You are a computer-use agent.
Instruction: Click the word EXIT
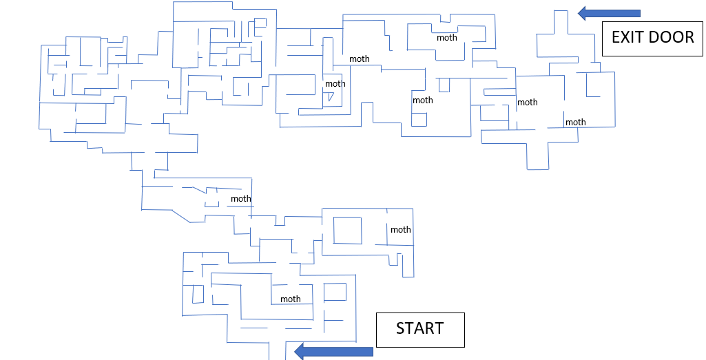click(627, 37)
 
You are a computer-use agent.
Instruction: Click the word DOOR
click(672, 37)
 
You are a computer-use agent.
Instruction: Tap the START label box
click(420, 330)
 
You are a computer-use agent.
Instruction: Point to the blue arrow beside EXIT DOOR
click(609, 14)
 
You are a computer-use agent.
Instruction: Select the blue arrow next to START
click(333, 352)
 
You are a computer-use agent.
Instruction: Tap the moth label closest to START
click(291, 299)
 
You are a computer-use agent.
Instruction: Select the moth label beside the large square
click(401, 229)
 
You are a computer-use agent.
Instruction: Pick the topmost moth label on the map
click(446, 38)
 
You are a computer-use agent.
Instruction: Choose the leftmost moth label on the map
click(241, 198)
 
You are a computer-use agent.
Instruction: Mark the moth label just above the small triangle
click(335, 84)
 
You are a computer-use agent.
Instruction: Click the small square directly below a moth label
click(419, 119)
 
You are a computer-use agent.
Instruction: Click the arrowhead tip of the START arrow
click(295, 352)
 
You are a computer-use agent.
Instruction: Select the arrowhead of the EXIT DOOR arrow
click(582, 14)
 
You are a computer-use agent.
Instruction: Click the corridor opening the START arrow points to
click(277, 353)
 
